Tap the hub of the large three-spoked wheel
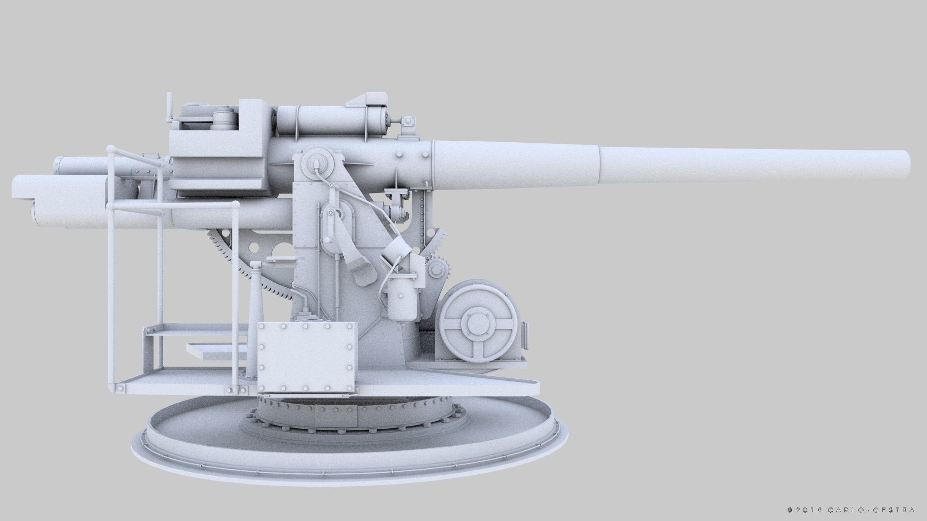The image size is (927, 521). tap(476, 324)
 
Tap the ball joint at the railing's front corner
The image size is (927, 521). tap(236, 205)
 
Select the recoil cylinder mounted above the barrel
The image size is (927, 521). tap(333, 121)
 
